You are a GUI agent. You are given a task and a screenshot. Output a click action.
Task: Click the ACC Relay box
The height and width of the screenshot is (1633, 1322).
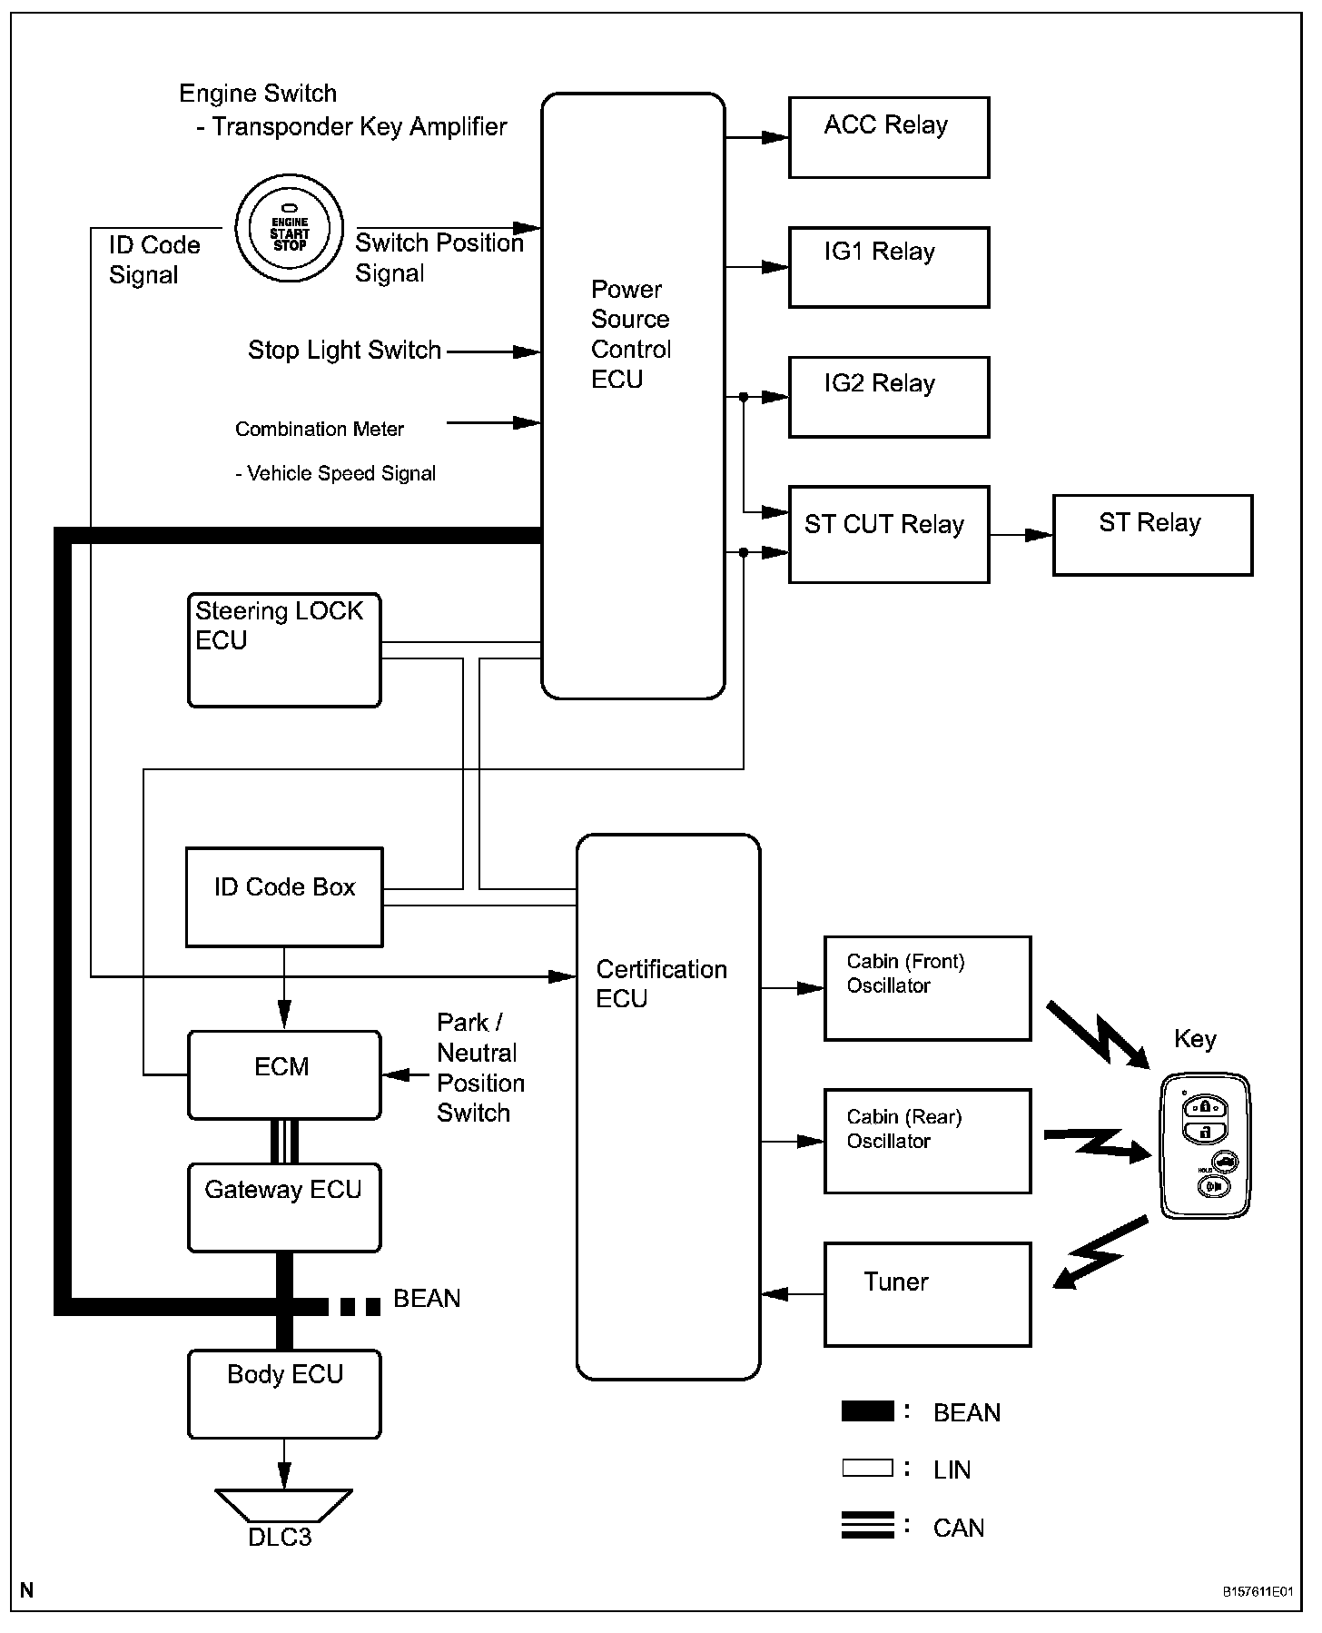point(888,137)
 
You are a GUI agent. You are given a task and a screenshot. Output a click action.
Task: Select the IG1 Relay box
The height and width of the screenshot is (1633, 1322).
point(888,267)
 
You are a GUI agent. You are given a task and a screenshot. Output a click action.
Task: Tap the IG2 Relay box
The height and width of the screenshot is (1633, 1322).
point(888,397)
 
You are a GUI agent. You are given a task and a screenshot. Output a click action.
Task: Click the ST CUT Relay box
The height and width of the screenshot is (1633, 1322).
point(888,534)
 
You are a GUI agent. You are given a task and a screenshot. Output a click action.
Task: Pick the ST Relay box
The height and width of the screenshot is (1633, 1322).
point(1152,535)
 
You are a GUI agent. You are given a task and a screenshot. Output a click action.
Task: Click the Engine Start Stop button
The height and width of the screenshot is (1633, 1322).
point(290,229)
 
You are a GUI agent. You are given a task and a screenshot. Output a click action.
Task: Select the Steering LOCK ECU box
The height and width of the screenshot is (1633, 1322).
point(283,649)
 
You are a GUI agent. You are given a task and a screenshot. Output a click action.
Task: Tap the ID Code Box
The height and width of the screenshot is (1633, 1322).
point(284,896)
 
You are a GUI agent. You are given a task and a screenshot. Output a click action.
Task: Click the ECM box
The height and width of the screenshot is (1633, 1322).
point(283,1074)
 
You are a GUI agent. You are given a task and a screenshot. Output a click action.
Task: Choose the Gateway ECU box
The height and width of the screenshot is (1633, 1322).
point(283,1207)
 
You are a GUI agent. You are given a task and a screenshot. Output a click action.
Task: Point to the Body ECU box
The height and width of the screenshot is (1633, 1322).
point(283,1394)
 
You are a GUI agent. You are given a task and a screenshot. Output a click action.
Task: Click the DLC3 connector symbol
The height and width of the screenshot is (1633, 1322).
point(283,1504)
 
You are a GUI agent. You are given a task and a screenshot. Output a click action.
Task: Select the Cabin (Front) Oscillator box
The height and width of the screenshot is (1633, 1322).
point(927,988)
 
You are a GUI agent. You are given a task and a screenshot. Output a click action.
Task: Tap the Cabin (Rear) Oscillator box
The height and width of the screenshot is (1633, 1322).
point(927,1141)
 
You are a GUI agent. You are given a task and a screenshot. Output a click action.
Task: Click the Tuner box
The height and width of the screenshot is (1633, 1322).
point(927,1294)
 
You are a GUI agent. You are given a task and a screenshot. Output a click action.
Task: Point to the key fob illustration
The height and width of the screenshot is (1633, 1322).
point(1205,1145)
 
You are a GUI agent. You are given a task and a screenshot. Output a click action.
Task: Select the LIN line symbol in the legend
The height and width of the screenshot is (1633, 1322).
point(867,1468)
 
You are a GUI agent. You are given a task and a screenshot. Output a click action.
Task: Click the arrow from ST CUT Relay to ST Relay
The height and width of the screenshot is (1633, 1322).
point(1021,535)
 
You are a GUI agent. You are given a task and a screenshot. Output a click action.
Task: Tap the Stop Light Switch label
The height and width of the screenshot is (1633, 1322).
point(344,351)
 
